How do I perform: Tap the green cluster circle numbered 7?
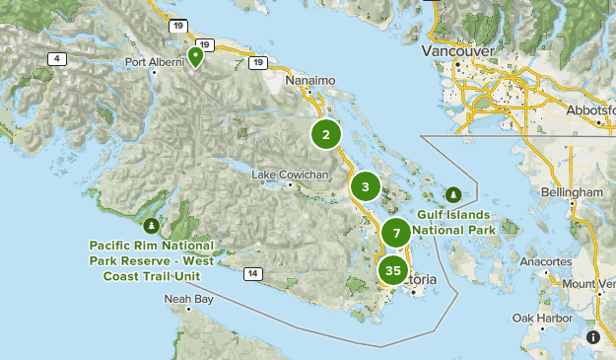[x=396, y=234]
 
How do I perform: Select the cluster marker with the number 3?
[x=366, y=186]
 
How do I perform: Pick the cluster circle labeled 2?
[x=326, y=134]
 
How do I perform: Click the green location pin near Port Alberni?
[x=196, y=55]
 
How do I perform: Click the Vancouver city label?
[x=454, y=50]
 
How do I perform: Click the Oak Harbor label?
[x=540, y=318]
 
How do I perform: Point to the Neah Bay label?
[x=188, y=298]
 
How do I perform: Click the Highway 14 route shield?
[x=253, y=273]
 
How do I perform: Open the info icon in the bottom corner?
[x=593, y=337]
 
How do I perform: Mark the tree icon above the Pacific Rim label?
[x=151, y=210]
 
